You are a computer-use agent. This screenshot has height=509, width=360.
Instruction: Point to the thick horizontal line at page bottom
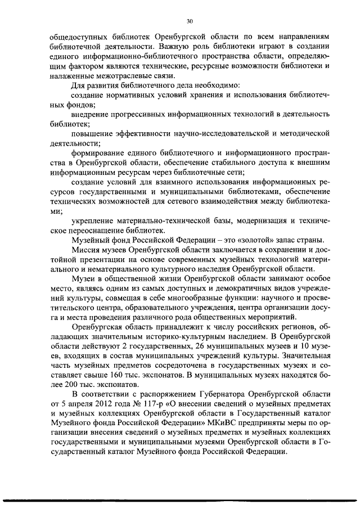point(180,499)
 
